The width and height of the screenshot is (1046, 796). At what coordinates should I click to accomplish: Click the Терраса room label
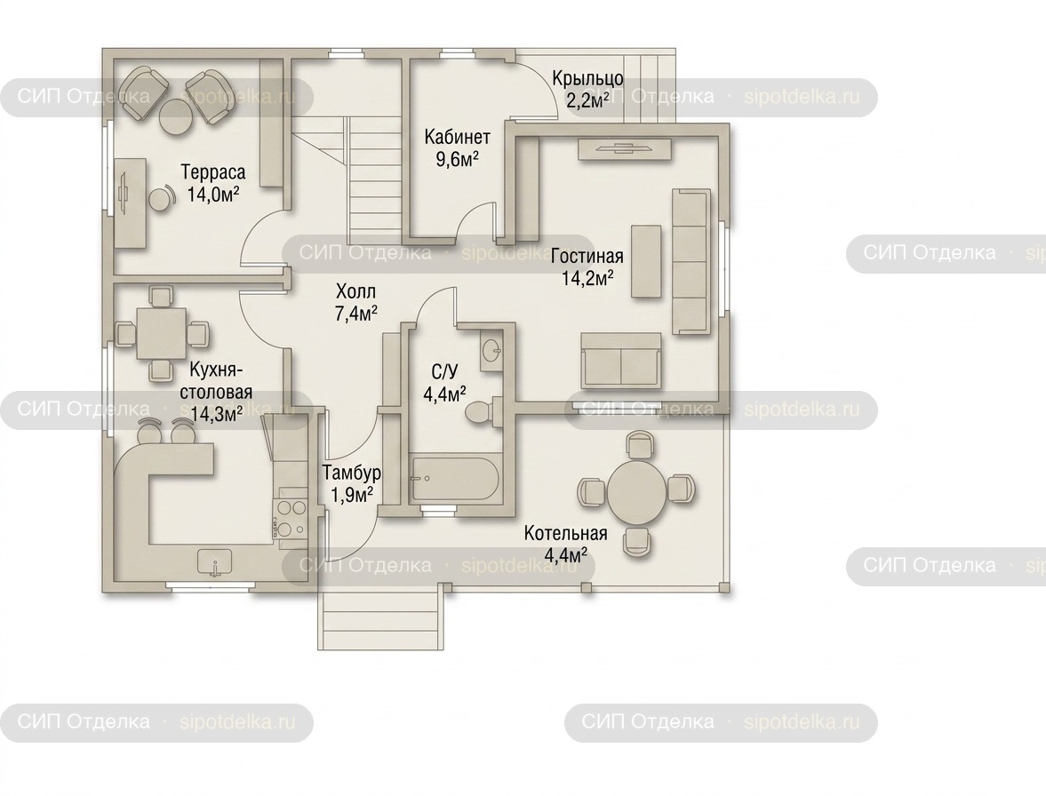[212, 183]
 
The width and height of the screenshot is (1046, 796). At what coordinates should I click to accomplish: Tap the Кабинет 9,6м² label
[457, 148]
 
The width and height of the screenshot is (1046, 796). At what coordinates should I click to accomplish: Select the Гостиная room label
[587, 267]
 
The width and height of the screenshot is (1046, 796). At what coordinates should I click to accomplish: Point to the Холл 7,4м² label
[356, 302]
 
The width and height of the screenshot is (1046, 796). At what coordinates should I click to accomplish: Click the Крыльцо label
[587, 90]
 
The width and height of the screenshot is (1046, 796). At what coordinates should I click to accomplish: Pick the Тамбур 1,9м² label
[352, 484]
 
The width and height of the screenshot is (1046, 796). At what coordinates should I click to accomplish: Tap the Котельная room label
[566, 544]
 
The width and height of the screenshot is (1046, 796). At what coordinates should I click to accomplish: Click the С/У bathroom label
[445, 383]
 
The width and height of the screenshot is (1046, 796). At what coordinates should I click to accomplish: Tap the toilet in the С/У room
[483, 410]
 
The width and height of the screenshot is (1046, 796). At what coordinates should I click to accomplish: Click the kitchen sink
[215, 562]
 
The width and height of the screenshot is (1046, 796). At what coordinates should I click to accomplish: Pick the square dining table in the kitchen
[161, 332]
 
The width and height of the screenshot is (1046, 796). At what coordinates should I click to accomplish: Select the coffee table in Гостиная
[646, 261]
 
